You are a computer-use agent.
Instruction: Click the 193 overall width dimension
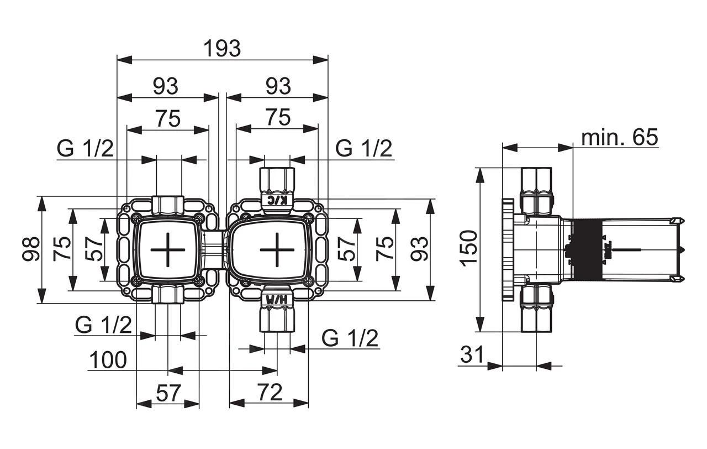pos(222,49)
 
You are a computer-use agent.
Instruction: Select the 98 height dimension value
pos(31,249)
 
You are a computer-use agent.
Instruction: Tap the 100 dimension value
pos(108,360)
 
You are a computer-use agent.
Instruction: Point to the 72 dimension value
pos(271,392)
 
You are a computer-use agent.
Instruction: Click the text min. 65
pos(620,137)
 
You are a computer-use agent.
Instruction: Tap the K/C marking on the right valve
pos(277,200)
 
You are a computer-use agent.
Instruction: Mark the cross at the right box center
pos(277,250)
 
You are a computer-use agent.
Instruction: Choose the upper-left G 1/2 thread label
pos(85,148)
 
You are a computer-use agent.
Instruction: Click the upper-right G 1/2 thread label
pos(364,148)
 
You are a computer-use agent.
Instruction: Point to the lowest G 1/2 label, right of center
pos(350,337)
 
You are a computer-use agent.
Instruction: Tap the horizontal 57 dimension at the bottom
pos(168,392)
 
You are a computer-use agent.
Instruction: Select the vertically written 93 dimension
pos(421,249)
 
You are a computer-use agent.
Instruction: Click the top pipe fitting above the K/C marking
pos(277,178)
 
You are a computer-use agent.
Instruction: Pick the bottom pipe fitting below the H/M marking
pos(277,320)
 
